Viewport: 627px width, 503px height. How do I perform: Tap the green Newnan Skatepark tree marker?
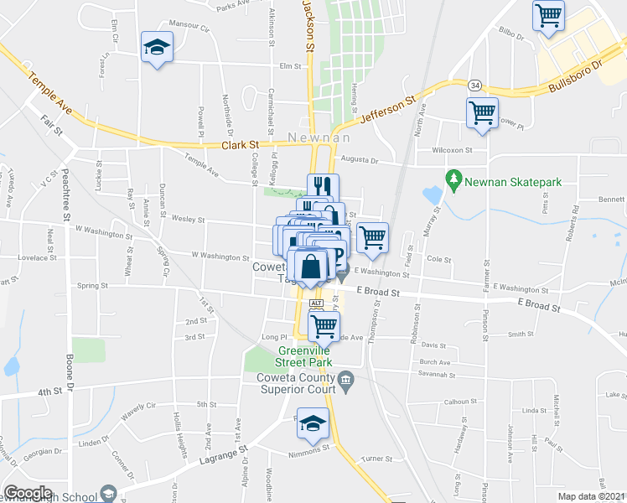point(454,179)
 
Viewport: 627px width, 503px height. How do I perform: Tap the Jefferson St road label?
point(388,111)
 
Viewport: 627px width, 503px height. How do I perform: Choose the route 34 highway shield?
point(475,86)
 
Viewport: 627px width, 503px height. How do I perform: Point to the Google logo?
point(28,493)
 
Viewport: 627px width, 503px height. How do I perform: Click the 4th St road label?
point(49,392)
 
